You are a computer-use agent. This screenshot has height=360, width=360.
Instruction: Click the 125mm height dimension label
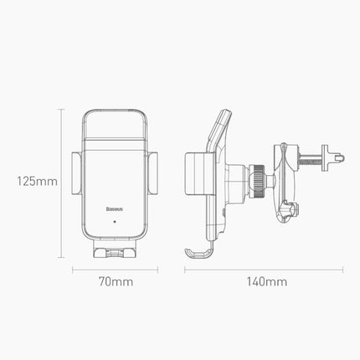pyautogui.click(x=37, y=182)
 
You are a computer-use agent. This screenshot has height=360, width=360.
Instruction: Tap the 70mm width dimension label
pyautogui.click(x=116, y=281)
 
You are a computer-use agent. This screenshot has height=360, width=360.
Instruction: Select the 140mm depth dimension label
pyautogui.click(x=266, y=281)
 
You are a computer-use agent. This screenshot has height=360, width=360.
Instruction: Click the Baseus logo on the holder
pyautogui.click(x=115, y=209)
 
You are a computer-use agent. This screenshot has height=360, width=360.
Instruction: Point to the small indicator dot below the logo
pyautogui.click(x=115, y=222)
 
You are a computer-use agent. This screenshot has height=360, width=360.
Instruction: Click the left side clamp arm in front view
pyautogui.click(x=76, y=173)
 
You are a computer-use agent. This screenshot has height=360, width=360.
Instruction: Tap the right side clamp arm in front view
pyautogui.click(x=152, y=173)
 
